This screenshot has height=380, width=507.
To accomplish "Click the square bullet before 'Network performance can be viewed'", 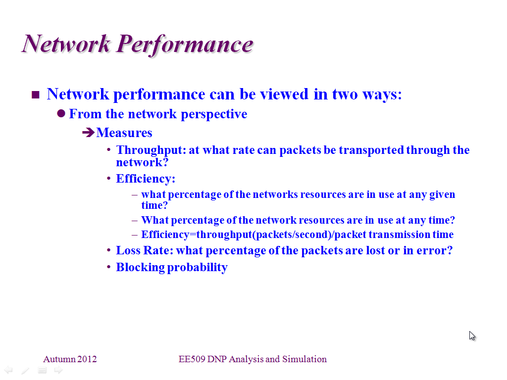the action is click(36, 95).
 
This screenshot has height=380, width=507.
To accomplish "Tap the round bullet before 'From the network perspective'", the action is click(61, 113).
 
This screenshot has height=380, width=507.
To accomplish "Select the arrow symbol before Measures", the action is click(88, 133).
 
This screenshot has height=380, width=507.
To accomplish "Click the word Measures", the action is click(124, 133).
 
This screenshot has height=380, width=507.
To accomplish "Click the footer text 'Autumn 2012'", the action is click(70, 359).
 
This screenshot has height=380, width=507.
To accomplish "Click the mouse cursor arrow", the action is click(472, 336).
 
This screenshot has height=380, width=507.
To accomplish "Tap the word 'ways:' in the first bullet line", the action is click(382, 95).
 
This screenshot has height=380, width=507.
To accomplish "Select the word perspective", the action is click(214, 114).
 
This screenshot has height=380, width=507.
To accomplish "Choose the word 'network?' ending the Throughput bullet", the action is click(142, 162).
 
